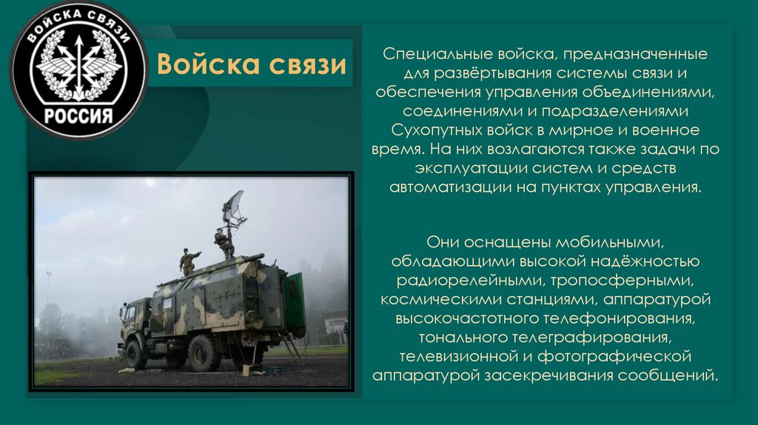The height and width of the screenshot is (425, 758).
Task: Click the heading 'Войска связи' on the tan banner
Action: (x=251, y=64)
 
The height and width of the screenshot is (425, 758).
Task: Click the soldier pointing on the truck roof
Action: (x=188, y=261)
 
